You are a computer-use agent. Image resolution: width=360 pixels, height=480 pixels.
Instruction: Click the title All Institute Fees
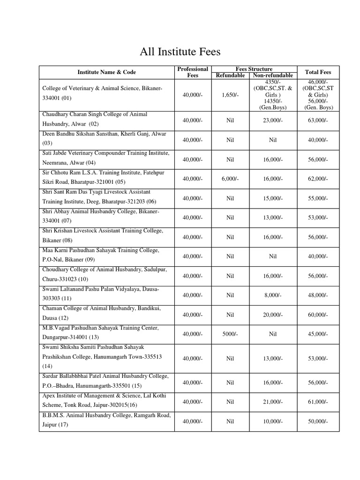[180, 51]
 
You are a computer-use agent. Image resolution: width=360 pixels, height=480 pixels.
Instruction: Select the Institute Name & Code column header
[106, 72]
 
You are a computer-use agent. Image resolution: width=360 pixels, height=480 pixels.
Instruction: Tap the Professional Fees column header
[193, 72]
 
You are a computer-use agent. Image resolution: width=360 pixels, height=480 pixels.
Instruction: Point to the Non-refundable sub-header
[272, 75]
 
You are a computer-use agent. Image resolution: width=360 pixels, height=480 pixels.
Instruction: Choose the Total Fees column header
[318, 72]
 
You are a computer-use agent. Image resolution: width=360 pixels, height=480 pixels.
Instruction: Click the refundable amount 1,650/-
[230, 95]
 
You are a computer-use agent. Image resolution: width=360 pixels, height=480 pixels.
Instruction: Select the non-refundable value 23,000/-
[272, 120]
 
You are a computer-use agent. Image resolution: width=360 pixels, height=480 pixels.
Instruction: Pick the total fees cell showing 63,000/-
[318, 120]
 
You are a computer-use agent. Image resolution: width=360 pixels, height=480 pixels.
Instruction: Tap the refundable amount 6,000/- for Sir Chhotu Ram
[230, 179]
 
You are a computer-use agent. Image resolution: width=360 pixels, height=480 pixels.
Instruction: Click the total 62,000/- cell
[318, 179]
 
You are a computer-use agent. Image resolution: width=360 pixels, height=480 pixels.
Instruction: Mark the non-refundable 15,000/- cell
[272, 198]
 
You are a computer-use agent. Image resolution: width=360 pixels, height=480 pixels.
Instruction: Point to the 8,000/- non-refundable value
[272, 295]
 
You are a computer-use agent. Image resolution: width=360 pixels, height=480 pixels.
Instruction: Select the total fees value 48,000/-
[318, 295]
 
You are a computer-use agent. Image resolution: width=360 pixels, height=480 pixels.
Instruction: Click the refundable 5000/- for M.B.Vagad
[230, 334]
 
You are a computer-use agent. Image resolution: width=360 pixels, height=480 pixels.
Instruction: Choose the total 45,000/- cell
[318, 334]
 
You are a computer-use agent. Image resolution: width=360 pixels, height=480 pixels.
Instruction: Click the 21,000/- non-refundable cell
[272, 402]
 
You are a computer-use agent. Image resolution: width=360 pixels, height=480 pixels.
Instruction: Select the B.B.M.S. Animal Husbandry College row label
[106, 420]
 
